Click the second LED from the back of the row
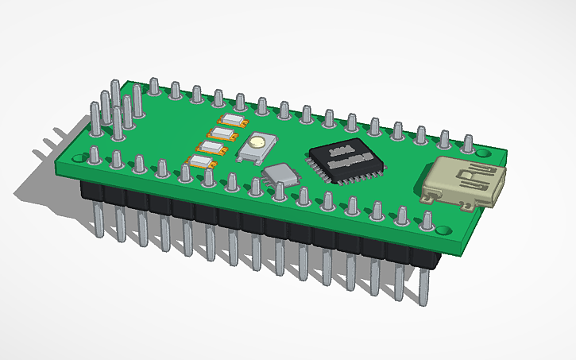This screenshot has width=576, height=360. point(222,134)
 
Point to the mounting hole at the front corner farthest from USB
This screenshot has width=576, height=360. point(76,159)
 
